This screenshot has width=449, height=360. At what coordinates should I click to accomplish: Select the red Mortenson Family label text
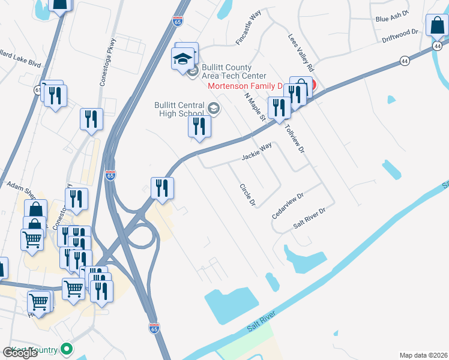pyautogui.click(x=245, y=86)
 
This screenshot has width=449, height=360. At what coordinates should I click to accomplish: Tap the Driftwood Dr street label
pyautogui.click(x=399, y=36)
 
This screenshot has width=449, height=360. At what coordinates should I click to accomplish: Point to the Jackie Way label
pyautogui.click(x=257, y=151)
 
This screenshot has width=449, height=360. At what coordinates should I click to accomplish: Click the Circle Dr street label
pyautogui.click(x=247, y=195)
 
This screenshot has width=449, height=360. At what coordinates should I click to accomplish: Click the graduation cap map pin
pyautogui.click(x=182, y=59)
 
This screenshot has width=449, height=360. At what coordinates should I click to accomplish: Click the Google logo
pyautogui.click(x=20, y=353)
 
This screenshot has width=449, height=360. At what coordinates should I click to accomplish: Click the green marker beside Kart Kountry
pyautogui.click(x=67, y=349)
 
